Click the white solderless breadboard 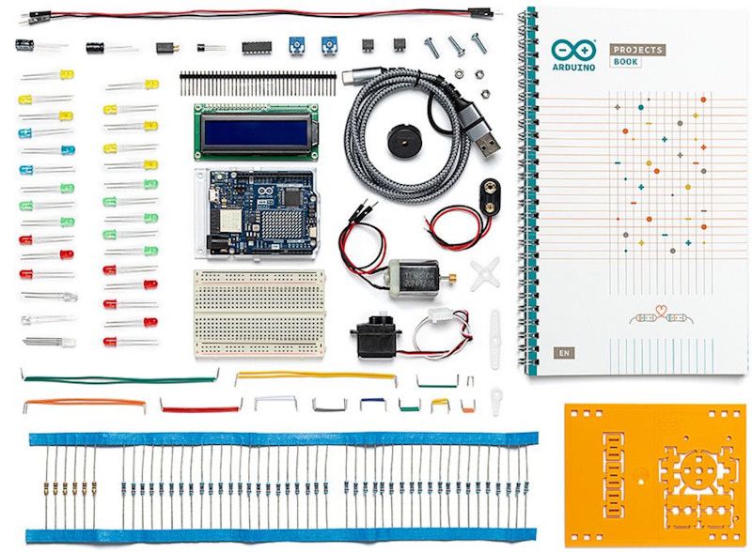pos(258,313)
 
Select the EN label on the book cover pos(560,353)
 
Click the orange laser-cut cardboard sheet pos(655,474)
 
